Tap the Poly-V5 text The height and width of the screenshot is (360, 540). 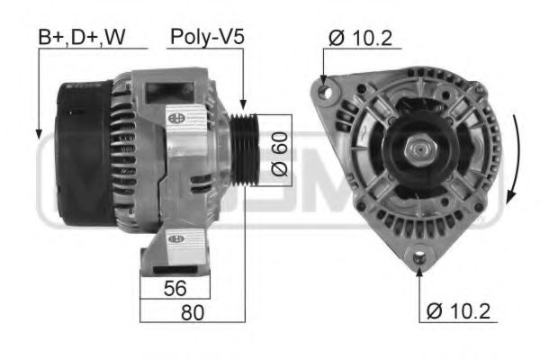coord(207,37)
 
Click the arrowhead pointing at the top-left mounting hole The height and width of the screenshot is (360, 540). coord(324,78)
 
